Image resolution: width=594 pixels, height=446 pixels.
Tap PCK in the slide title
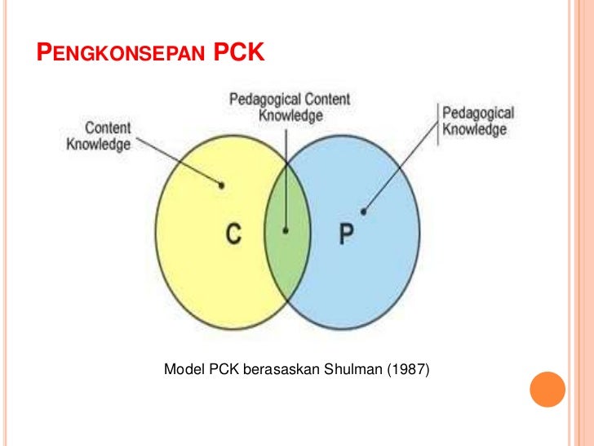237,54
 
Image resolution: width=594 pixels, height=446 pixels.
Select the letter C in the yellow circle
233,234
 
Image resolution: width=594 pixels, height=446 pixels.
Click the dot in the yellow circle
223,185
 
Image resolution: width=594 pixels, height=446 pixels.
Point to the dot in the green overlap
286,231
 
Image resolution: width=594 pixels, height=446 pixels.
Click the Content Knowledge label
99,136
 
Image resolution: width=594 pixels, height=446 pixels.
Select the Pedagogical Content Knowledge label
290,108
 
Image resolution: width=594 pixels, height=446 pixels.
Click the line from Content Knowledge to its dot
180,162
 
